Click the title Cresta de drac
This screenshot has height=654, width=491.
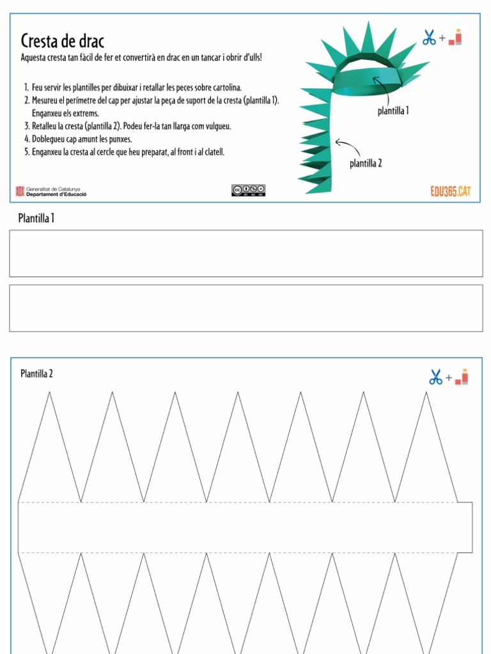[x=62, y=42]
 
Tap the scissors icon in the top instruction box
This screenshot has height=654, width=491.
[x=429, y=38]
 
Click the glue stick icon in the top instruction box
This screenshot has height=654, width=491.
[x=455, y=38]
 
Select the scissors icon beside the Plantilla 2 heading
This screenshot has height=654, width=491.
[x=436, y=377]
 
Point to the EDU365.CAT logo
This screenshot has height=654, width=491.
[x=451, y=191]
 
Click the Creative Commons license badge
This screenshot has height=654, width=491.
[x=248, y=190]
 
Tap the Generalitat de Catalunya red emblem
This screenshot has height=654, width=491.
[x=19, y=190]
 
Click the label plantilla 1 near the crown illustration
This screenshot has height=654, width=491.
[x=393, y=111]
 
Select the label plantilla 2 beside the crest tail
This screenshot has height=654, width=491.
[x=366, y=163]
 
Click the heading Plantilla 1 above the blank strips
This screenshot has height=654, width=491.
[x=36, y=219]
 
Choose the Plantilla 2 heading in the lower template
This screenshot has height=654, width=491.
[x=36, y=374]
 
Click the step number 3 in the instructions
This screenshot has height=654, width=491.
[x=26, y=126]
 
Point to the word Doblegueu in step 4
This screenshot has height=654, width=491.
[x=48, y=139]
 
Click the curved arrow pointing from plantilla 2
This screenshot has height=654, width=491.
[x=348, y=148]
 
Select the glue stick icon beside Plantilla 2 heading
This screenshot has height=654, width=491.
[x=462, y=377]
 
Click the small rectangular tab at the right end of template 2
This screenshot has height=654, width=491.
[x=465, y=527]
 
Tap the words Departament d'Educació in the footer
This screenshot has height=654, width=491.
[x=57, y=194]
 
